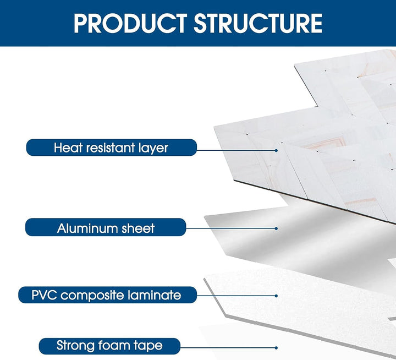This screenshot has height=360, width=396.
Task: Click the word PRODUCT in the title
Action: point(130,23)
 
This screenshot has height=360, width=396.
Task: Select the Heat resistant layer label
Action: point(111,148)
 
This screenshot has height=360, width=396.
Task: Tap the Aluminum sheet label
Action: point(106,227)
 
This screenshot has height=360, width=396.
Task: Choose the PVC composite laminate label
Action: point(107,295)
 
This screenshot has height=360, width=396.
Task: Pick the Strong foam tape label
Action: point(109,346)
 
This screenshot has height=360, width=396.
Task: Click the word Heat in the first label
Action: point(68,148)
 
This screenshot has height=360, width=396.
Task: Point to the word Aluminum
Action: point(84,227)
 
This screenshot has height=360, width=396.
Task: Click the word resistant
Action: point(112,148)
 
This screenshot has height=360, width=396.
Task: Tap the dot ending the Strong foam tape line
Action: point(276,347)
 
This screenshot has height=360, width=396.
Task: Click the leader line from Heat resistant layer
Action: point(237,149)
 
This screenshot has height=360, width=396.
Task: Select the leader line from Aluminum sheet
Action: point(231,228)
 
